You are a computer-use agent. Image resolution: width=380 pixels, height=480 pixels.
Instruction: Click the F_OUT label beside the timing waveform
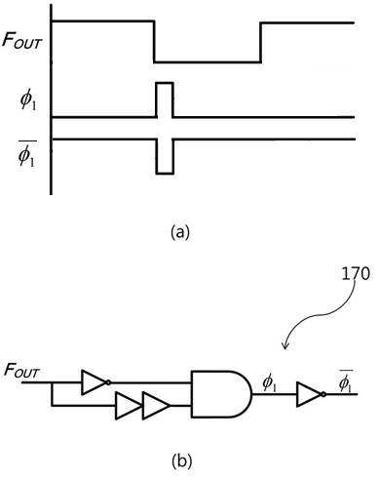coord(22,40)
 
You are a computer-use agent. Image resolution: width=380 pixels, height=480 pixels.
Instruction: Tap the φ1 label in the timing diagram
coord(28,101)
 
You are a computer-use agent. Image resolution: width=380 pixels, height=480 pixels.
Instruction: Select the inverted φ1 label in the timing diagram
coord(27,153)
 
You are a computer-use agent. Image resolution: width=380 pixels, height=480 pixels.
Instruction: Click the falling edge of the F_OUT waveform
coord(154,41)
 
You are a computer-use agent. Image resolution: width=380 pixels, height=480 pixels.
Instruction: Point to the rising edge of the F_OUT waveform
coord(260,42)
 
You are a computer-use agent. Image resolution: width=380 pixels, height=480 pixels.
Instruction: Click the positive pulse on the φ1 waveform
coord(165,100)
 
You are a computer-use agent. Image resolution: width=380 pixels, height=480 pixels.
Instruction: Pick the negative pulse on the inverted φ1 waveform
coord(165,157)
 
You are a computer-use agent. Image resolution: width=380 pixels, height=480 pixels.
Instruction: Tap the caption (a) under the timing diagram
coord(180,232)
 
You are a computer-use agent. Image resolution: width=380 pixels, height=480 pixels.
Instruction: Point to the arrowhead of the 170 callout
coord(285,348)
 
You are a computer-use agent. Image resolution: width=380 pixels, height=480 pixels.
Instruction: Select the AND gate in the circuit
coord(222,394)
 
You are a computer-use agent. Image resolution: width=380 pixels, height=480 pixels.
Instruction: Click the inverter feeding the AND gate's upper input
coord(95,382)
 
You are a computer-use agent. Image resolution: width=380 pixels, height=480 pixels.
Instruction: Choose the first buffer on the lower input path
coord(129,406)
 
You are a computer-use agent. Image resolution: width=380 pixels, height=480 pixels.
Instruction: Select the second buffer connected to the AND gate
coord(156,406)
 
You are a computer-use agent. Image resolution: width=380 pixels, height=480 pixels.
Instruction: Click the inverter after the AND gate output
coord(311,394)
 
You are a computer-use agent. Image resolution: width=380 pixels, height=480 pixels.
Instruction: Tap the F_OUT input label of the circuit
coord(21,371)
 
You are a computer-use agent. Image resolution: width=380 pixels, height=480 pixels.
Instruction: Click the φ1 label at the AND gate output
coord(269,383)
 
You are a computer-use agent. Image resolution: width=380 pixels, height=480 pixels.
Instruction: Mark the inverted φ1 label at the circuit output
coord(345,381)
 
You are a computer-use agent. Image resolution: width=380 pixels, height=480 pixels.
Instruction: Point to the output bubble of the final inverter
coord(323,394)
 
